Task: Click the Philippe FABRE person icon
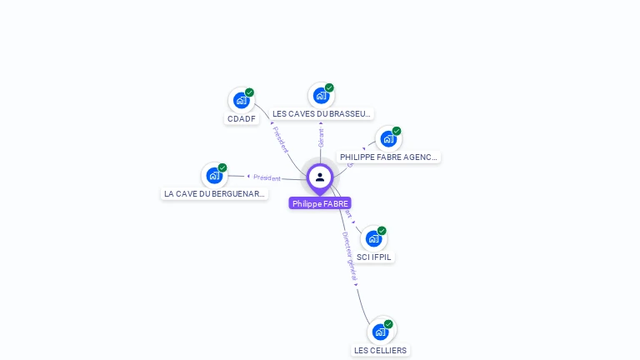[x=320, y=177]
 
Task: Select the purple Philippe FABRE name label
[x=320, y=203]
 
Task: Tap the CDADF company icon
[x=241, y=101]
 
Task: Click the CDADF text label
[x=242, y=119]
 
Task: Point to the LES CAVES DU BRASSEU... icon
[x=321, y=96]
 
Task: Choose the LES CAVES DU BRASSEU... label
[x=322, y=114]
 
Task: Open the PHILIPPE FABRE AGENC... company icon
[x=388, y=139]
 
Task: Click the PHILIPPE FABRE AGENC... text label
[x=388, y=157]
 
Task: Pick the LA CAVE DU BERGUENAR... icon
[x=214, y=176]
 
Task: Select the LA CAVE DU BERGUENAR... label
[x=214, y=194]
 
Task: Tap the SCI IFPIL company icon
[x=373, y=239]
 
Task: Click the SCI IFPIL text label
[x=373, y=257]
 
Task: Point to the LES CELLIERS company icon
[x=380, y=332]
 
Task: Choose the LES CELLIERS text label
[x=380, y=351]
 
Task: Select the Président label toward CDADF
[x=281, y=140]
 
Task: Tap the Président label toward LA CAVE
[x=267, y=177]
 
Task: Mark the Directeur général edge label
[x=350, y=257]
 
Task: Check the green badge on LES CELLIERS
[x=388, y=324]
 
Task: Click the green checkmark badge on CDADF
[x=249, y=92]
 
